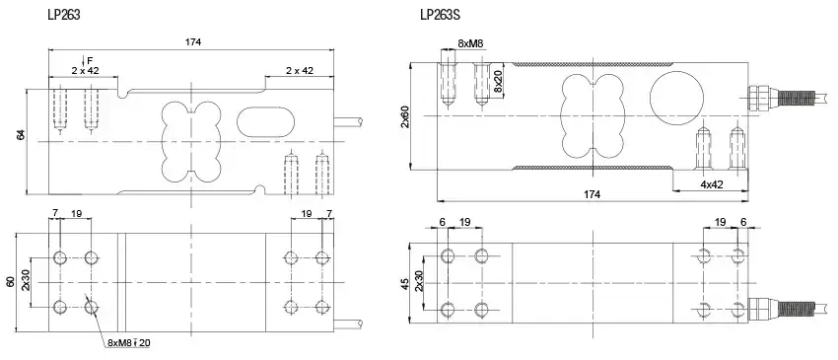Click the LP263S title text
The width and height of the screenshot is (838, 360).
[440, 15]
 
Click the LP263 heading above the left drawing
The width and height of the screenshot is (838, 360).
[64, 15]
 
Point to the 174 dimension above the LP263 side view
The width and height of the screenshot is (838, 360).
[193, 41]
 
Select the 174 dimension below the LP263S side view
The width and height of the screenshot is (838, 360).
[593, 194]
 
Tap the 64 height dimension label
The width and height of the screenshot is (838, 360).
[21, 135]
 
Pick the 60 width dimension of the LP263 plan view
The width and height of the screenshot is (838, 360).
[10, 283]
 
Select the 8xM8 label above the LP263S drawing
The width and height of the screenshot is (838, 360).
[470, 43]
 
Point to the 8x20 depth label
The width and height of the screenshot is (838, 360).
[498, 80]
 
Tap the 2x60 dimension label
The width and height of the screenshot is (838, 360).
[404, 116]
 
